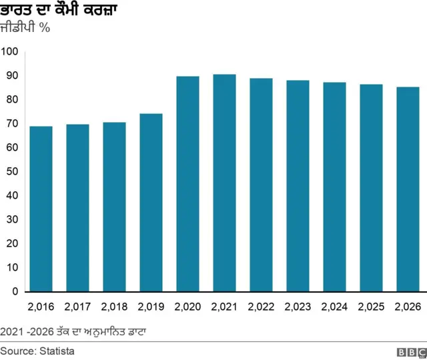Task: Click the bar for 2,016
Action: (41, 209)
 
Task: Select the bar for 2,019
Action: (151, 203)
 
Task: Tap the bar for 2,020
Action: (187, 184)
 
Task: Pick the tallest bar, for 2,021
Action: (224, 183)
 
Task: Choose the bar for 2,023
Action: (298, 186)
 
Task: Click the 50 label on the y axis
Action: (11, 172)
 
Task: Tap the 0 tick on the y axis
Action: (15, 291)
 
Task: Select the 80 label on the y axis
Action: (11, 100)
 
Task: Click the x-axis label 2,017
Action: (77, 307)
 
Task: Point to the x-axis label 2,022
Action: (261, 307)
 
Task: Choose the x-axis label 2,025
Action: (371, 307)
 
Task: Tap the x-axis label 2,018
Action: (114, 307)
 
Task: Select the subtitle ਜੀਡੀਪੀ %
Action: (25, 29)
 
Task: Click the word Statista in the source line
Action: (57, 351)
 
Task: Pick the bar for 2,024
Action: (334, 187)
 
